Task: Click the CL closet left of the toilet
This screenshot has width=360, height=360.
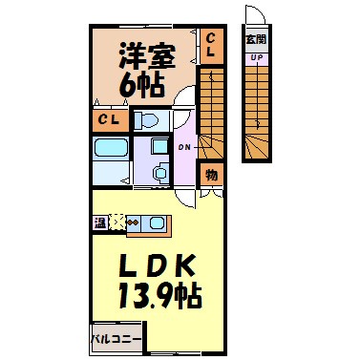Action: [x=108, y=120]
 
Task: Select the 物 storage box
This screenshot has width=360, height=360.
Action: [x=211, y=176]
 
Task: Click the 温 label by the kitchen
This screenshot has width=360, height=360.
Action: [x=100, y=223]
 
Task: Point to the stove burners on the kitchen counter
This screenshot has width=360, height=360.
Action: [x=132, y=223]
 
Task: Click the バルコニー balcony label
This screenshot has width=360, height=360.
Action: [x=116, y=338]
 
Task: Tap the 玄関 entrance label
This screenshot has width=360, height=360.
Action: [x=256, y=39]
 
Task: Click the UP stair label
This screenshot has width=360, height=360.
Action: [x=256, y=57]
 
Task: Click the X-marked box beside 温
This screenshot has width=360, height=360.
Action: [x=116, y=223]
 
